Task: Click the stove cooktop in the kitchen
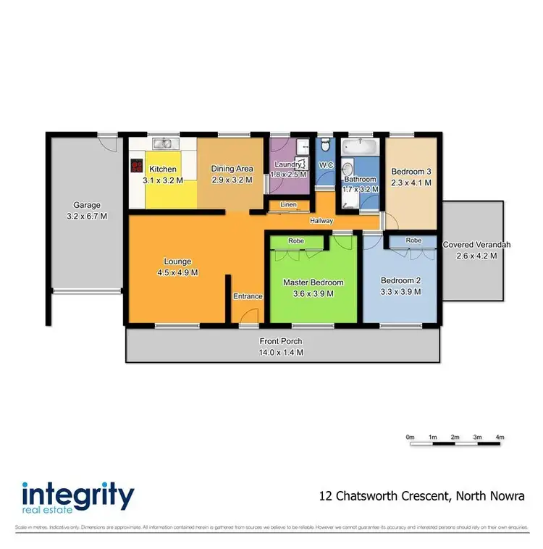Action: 135,166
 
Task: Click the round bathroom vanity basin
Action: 346,166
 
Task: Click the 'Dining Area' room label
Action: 232,169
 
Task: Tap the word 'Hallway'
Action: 321,221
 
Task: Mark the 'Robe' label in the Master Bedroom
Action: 295,240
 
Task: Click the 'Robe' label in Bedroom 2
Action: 413,240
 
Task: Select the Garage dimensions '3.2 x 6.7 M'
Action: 87,216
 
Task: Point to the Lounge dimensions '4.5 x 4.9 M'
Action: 177,272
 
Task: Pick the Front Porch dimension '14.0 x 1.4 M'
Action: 282,352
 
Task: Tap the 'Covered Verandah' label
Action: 476,245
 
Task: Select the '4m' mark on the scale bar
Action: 500,437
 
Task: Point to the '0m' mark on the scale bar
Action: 410,437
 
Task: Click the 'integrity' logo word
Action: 78,497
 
